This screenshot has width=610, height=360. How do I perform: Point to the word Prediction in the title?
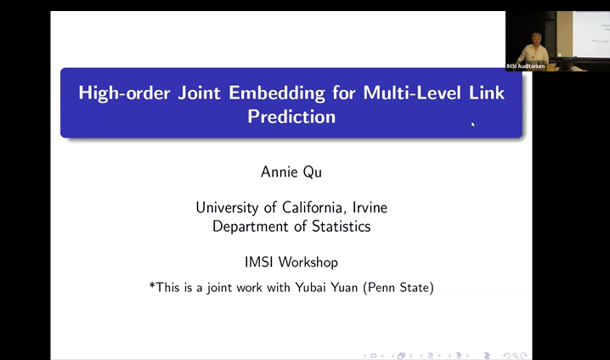point(291,116)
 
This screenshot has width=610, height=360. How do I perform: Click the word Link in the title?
point(485,93)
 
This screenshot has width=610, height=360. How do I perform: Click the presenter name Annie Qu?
point(291,172)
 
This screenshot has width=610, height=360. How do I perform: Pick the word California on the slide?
point(302,207)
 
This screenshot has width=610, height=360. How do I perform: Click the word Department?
point(251,226)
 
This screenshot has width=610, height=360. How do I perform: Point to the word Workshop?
point(311,262)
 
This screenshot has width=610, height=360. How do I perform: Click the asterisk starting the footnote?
point(152,286)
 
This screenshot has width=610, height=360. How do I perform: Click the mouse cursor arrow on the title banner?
point(473,125)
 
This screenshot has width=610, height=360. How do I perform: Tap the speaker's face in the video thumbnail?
point(536,37)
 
